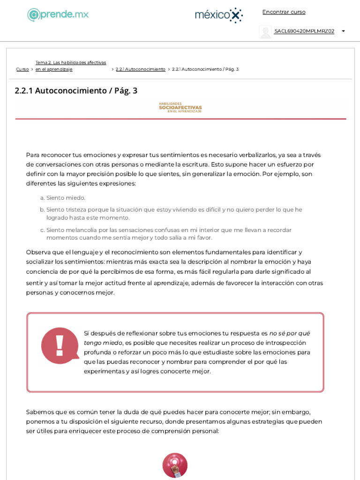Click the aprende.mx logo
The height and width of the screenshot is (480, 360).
[x=58, y=15]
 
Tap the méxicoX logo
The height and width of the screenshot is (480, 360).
[x=218, y=15]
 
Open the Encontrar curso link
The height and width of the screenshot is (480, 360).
[x=284, y=12]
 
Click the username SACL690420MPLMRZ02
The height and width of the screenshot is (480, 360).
[x=304, y=31]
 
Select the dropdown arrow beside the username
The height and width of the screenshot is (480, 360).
[x=343, y=31]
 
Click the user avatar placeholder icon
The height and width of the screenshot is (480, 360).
[x=265, y=32]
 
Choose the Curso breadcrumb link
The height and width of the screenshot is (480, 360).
[x=22, y=69]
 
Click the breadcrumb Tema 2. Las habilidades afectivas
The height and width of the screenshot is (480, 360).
[x=71, y=63]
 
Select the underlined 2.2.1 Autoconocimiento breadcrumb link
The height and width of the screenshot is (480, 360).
[x=140, y=69]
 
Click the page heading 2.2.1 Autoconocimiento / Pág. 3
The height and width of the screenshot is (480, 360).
[x=76, y=90]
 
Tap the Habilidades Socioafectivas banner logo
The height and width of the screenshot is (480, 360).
[x=180, y=107]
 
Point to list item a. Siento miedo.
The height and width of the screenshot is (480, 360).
[x=66, y=198]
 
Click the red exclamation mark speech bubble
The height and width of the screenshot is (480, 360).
[x=60, y=345]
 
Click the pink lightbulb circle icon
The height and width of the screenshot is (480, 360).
[x=175, y=465]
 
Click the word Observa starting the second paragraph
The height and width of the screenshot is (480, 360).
[x=38, y=252]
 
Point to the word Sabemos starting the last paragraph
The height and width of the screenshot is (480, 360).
[x=40, y=412]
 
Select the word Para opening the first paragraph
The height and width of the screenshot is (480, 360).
[x=32, y=155]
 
